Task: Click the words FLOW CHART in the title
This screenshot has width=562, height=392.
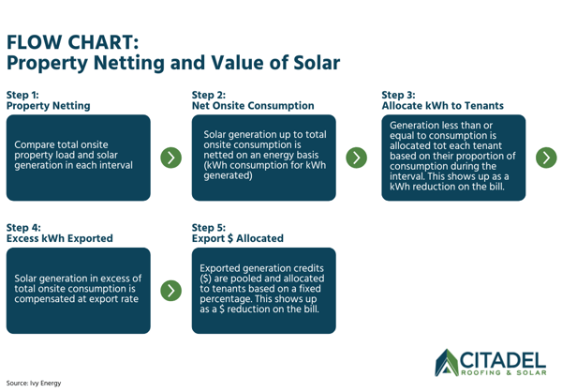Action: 73,43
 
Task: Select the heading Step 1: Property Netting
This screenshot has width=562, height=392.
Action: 49,100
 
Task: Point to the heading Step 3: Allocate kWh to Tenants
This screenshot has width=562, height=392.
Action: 442,100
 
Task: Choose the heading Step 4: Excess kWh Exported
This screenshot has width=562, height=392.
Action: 59,233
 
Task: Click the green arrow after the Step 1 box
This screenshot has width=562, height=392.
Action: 170,157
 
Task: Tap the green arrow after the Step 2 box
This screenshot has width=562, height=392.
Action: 356,157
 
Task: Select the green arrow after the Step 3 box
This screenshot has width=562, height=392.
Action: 546,157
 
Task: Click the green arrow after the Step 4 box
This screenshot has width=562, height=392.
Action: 170,290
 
